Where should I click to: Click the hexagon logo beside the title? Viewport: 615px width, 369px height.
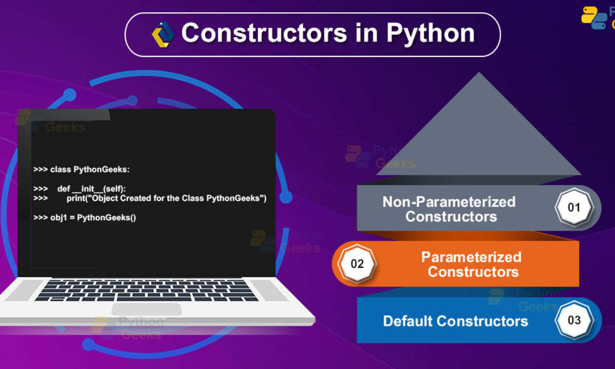(163, 34)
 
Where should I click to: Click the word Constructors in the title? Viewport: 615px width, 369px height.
(264, 33)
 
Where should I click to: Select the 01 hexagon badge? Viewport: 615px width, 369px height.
(574, 207)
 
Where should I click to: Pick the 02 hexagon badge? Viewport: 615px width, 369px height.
(357, 263)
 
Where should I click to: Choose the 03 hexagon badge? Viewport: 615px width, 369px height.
(574, 320)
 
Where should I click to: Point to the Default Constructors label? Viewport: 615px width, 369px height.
(456, 321)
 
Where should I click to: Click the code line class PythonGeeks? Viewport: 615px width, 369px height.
(81, 170)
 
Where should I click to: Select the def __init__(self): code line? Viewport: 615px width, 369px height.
(79, 189)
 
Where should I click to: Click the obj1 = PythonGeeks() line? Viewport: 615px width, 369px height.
(85, 218)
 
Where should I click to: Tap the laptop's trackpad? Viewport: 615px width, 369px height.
(147, 309)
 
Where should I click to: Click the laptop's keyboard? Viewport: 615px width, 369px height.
(147, 291)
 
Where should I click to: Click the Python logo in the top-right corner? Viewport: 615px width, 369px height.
(594, 17)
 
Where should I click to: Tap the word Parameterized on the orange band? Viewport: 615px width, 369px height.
(471, 257)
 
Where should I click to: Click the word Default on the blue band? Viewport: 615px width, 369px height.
(407, 321)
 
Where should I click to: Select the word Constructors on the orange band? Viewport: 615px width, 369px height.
(474, 272)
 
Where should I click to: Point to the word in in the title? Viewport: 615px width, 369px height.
(367, 33)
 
